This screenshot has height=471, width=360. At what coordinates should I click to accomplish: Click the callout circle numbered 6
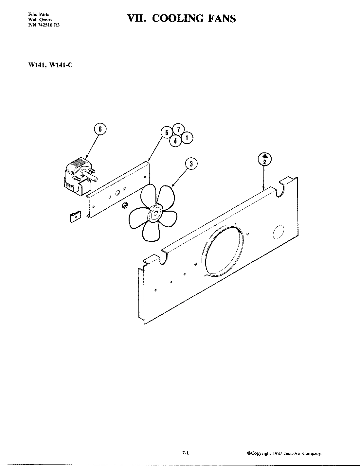(100, 129)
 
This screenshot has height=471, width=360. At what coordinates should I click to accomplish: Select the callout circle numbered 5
(167, 132)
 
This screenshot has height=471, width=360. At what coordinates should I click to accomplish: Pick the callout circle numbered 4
(175, 141)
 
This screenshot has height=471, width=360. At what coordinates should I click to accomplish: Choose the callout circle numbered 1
(187, 138)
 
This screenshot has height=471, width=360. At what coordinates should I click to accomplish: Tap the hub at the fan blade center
(155, 214)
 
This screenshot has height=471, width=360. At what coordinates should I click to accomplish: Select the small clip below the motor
(75, 217)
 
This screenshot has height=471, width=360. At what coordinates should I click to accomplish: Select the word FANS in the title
(220, 18)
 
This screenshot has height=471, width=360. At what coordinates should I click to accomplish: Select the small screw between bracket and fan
(125, 205)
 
